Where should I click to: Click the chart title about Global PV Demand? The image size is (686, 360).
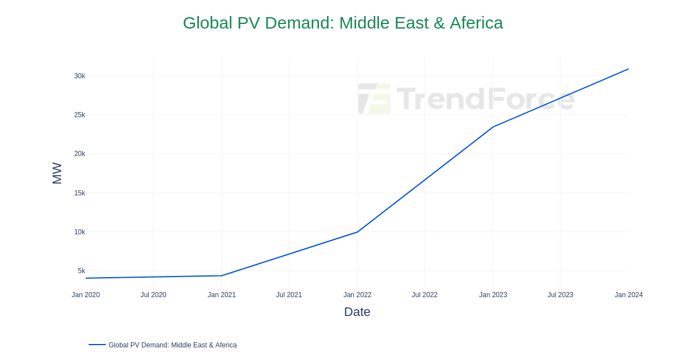point(343,23)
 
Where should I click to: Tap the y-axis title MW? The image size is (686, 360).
point(57,173)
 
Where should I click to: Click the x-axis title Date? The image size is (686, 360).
point(357,312)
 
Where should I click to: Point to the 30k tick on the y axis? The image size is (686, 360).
point(79,76)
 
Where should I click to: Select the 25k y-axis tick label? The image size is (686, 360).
point(79,115)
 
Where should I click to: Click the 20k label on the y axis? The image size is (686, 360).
point(79,154)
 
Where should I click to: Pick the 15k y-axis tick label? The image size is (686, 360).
point(79,193)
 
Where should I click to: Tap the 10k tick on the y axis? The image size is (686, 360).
point(79,232)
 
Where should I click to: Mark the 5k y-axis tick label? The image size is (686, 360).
point(81,271)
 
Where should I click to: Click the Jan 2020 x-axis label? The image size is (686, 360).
point(86,295)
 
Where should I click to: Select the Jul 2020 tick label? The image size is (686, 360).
point(153,295)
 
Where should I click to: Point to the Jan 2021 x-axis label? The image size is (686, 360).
point(222,295)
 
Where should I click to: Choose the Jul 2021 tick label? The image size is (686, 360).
point(289,295)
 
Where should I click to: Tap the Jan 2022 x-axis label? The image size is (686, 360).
point(357,295)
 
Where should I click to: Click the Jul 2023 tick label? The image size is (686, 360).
point(560,295)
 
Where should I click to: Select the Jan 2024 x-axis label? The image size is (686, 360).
point(628,295)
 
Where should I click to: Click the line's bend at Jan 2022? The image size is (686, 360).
point(357,232)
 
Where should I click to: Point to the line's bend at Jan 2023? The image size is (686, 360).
point(493,127)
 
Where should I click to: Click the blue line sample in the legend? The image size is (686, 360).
point(97,345)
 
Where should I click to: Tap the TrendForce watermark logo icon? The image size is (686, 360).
point(374,98)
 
